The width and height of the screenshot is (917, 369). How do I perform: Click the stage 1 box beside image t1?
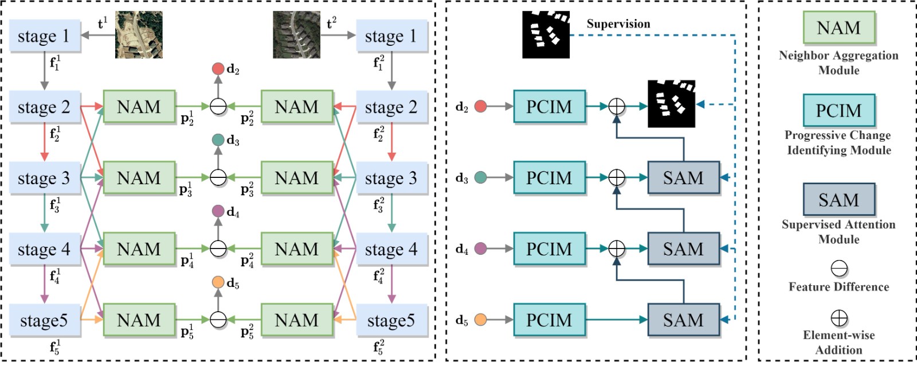[45, 36]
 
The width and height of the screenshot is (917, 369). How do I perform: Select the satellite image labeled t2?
[296, 35]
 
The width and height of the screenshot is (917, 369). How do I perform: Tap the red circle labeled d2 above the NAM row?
[218, 69]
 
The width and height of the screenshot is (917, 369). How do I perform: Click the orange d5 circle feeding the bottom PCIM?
[480, 320]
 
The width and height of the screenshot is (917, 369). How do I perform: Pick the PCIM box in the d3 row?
[549, 177]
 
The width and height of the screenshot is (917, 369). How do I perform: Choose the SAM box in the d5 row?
[683, 320]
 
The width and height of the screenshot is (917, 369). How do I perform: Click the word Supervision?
[618, 24]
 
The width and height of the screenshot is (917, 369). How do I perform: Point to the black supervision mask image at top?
[546, 34]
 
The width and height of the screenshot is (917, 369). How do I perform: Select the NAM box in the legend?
[838, 28]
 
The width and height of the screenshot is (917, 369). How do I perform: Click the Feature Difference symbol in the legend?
[839, 269]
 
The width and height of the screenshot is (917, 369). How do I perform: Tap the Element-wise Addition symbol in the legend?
[839, 318]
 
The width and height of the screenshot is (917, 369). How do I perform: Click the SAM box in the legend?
[838, 200]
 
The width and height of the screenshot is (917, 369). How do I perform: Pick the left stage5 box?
[45, 320]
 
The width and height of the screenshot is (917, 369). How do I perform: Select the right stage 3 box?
[391, 178]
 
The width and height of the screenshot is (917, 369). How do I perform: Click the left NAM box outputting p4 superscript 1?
[139, 248]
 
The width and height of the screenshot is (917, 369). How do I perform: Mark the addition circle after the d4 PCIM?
[616, 248]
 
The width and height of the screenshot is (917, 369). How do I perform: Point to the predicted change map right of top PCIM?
[671, 104]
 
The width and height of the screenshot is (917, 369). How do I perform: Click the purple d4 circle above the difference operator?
[218, 211]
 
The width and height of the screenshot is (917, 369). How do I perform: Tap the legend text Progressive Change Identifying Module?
[838, 143]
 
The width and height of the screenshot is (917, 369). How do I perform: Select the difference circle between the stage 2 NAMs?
[218, 107]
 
